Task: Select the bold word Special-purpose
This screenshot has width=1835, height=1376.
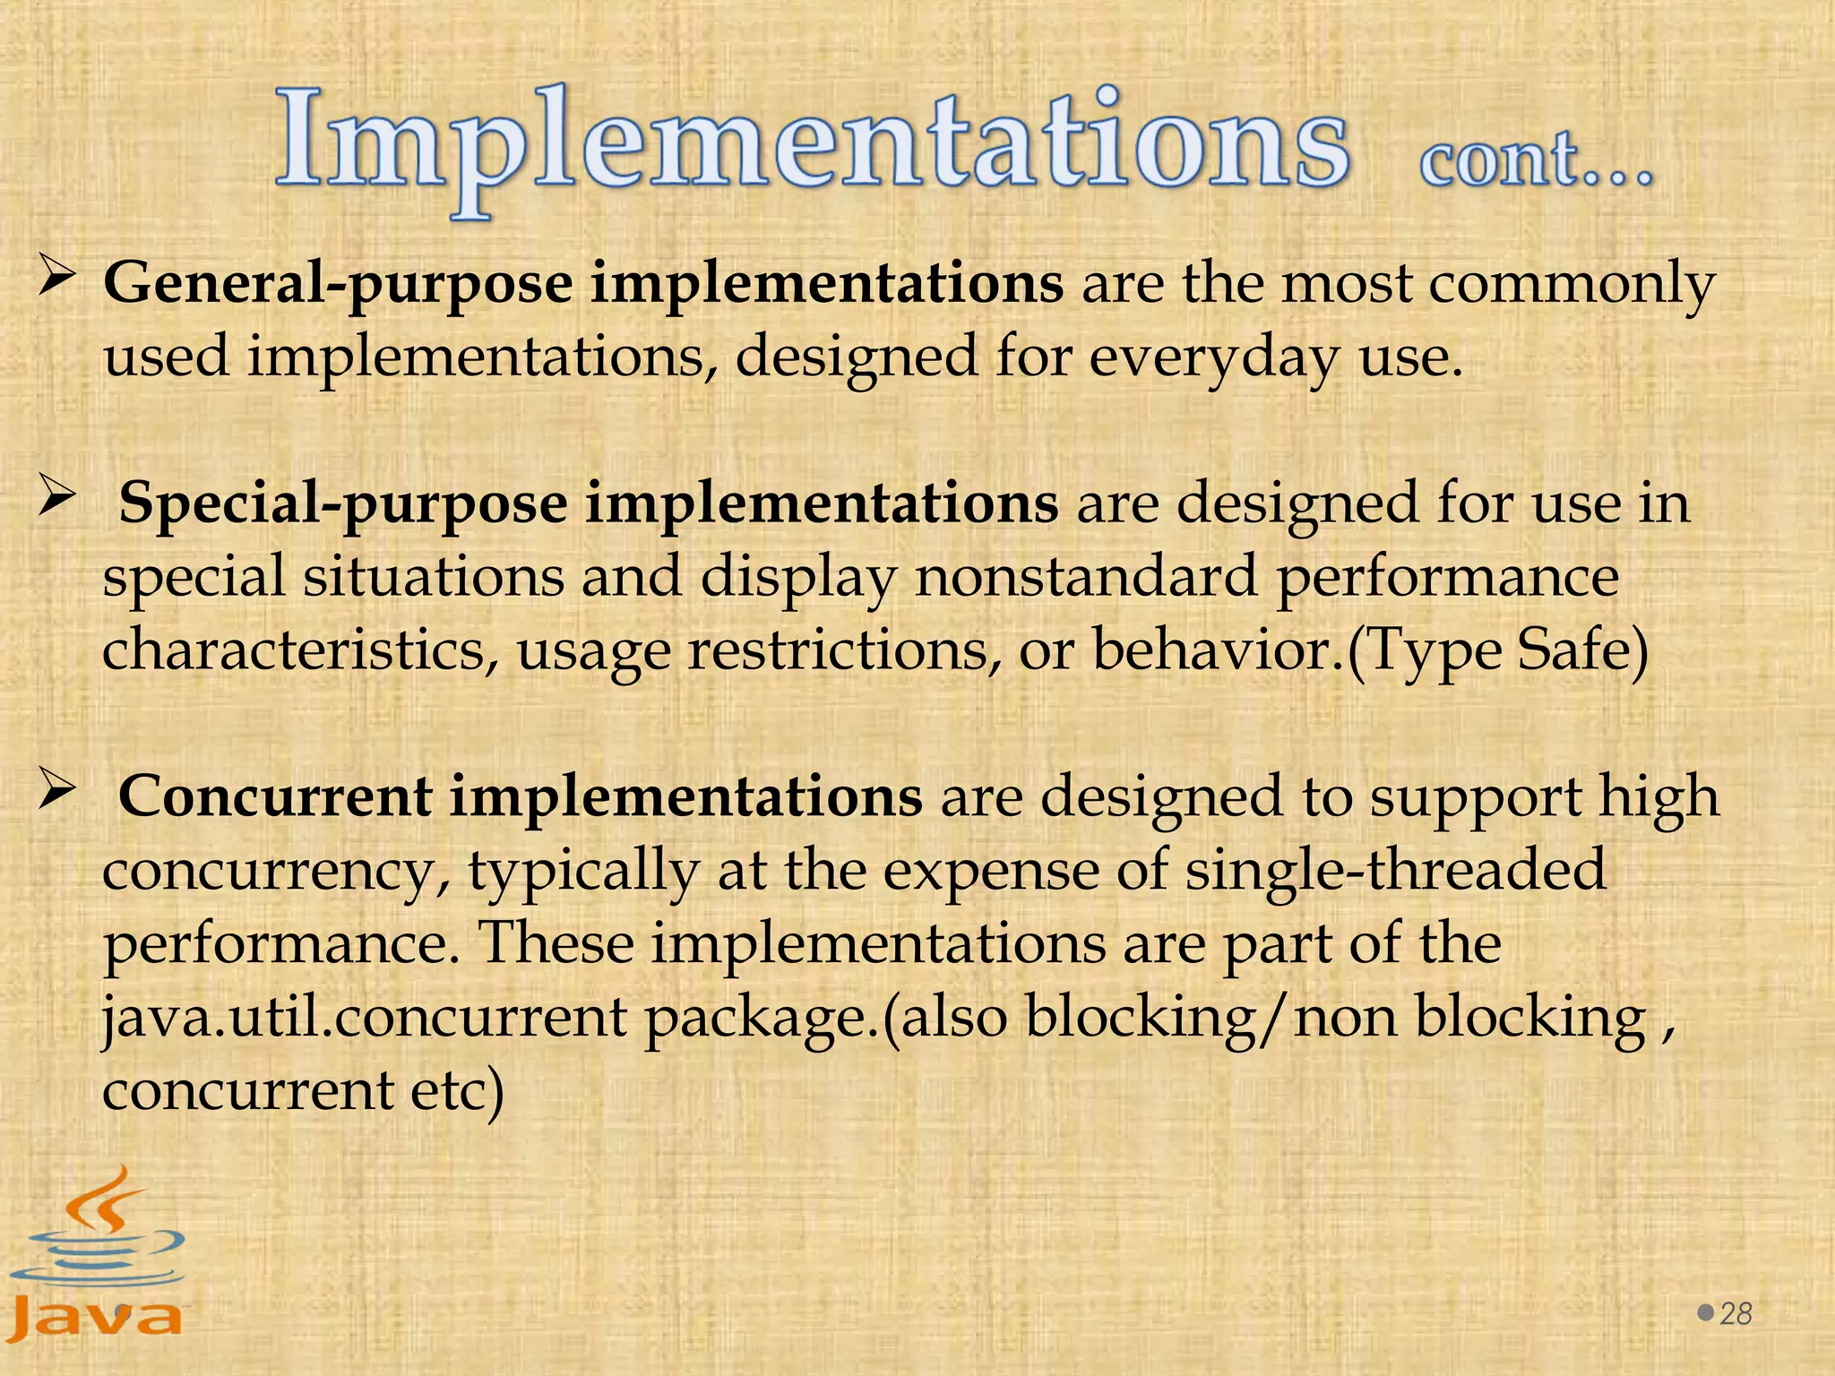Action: tap(342, 503)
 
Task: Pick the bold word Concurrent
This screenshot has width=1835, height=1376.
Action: tap(275, 796)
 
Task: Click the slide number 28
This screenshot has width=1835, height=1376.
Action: tap(1736, 1313)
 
